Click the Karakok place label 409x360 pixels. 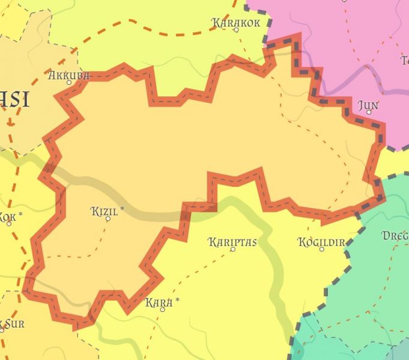[x=236, y=22]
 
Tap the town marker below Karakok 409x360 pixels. [x=236, y=30]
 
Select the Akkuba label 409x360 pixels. [x=68, y=76]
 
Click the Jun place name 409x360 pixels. [x=368, y=106]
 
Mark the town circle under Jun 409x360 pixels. [x=369, y=112]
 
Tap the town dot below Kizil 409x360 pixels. [x=108, y=219]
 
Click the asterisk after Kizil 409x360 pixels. [x=123, y=210]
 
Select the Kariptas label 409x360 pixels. [x=232, y=242]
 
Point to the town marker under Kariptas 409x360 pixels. [x=233, y=249]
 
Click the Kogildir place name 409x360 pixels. [x=321, y=242]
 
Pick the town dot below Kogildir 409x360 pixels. [x=322, y=249]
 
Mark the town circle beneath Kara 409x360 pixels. [x=162, y=310]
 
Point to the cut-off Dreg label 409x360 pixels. [x=396, y=236]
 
